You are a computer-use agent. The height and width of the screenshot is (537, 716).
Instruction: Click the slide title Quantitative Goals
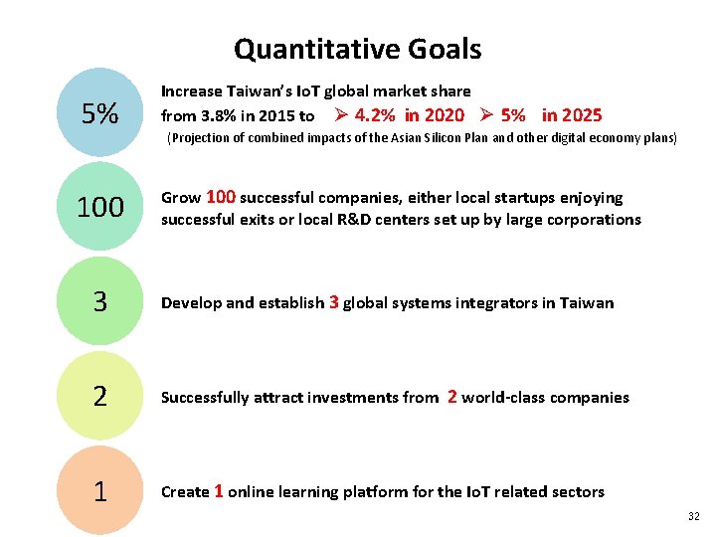357,49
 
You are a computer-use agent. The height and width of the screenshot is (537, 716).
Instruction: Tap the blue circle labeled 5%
99,114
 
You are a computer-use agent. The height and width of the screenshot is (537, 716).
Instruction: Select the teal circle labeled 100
99,207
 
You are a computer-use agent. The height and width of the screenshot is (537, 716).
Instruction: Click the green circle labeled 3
99,301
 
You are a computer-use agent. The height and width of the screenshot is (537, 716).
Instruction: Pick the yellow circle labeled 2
99,396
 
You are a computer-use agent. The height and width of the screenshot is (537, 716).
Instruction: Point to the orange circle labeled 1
99,490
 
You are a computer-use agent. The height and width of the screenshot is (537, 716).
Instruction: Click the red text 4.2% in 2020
409,115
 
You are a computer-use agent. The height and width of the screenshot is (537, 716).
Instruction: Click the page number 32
693,516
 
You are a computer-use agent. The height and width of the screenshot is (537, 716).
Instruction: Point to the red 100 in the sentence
221,197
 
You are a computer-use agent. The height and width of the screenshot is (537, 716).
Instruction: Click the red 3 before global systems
333,301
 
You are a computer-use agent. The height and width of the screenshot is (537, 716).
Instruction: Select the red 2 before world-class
452,396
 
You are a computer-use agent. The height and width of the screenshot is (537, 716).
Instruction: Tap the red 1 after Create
219,490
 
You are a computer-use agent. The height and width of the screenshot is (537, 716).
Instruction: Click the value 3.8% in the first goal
217,116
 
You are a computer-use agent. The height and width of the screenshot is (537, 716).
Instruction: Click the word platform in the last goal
360,492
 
